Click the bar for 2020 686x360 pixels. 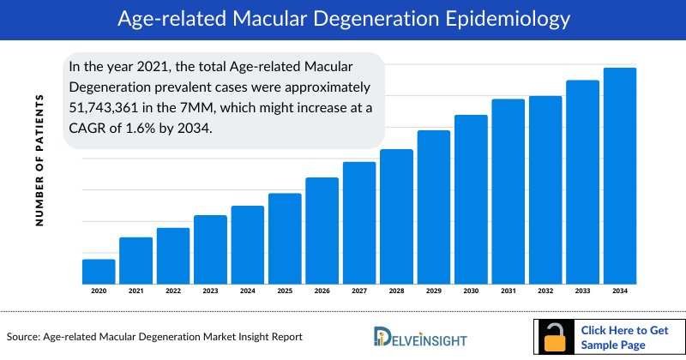(99, 271)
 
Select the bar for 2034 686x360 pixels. (620, 176)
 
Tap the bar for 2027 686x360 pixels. (359, 223)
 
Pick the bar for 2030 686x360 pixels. (471, 199)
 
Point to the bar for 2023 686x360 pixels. (210, 249)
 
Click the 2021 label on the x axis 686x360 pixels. (135, 291)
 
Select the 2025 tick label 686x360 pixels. (285, 291)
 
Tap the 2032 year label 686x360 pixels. (545, 291)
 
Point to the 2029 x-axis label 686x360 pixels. (434, 291)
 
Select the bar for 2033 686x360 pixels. (582, 182)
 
